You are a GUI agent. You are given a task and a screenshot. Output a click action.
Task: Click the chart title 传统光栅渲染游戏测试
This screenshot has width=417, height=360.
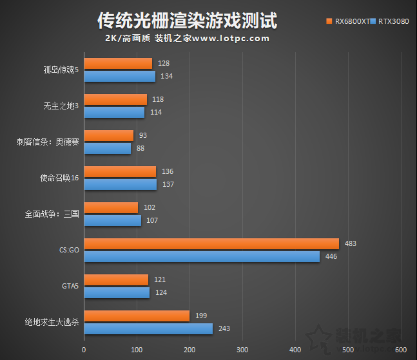point(187,21)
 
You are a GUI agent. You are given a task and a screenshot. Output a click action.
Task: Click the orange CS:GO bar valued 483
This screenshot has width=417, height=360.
point(211,243)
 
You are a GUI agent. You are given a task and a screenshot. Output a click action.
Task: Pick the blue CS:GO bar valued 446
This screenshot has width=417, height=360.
point(202,256)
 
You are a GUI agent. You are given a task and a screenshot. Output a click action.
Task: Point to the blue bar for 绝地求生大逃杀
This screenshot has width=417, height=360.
point(148,328)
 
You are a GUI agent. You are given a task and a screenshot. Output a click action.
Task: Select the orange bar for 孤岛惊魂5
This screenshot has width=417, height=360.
point(118,63)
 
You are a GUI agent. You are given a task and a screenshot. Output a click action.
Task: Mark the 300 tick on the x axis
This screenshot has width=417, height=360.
point(242,350)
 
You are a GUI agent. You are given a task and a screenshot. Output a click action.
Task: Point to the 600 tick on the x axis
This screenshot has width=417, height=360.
point(401,350)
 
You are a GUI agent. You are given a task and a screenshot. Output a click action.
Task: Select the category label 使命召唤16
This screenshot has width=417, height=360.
point(59,178)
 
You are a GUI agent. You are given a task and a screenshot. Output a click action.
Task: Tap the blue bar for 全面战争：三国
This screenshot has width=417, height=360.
point(112,220)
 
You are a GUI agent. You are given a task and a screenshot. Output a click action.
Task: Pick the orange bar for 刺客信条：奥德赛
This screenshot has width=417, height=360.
point(108,135)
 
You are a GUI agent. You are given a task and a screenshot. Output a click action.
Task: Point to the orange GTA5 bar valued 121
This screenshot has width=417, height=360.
point(116,279)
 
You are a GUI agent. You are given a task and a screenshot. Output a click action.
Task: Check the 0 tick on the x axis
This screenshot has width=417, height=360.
point(84,350)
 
